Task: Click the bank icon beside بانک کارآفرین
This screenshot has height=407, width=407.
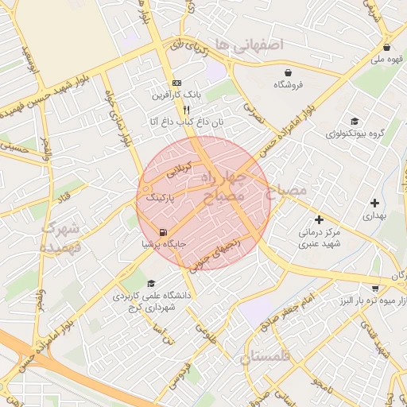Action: (x=176, y=83)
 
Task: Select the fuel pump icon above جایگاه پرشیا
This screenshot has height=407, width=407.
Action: (x=164, y=232)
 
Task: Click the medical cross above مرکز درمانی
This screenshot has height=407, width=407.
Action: (x=319, y=219)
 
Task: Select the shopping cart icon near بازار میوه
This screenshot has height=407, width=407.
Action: (x=375, y=289)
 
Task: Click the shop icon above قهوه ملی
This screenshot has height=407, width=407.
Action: (x=386, y=47)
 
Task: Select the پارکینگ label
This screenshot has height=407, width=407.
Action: (x=156, y=196)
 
